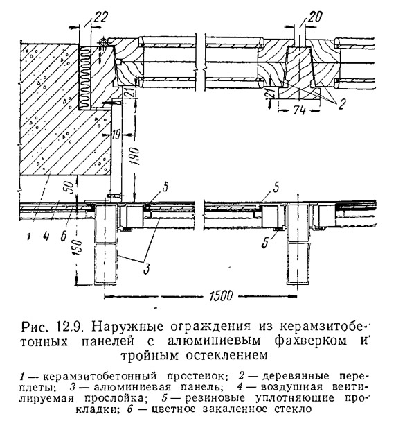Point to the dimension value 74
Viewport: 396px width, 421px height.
(x=299, y=110)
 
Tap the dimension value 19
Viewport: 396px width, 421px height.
(x=116, y=135)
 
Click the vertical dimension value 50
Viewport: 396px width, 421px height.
(x=69, y=188)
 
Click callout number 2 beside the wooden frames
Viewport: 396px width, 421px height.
(x=341, y=104)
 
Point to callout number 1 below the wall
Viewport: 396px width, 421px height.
(x=28, y=237)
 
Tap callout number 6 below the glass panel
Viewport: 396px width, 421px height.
(x=63, y=237)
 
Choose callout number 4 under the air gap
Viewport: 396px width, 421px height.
(x=46, y=236)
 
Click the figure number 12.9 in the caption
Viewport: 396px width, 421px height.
(x=71, y=327)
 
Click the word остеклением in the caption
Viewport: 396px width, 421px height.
(x=226, y=355)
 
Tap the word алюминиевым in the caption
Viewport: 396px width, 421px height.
(x=214, y=341)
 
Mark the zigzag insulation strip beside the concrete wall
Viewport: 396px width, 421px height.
(x=85, y=76)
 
